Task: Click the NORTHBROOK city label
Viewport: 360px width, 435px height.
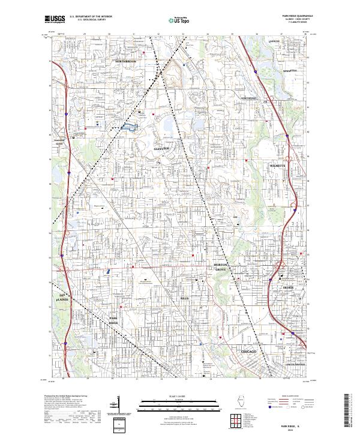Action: click(x=127, y=62)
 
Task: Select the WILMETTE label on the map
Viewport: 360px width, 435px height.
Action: click(x=280, y=163)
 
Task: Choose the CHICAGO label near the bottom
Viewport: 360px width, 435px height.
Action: click(x=248, y=350)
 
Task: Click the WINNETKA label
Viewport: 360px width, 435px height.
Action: click(x=281, y=70)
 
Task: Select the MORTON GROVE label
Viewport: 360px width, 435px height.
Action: click(x=223, y=267)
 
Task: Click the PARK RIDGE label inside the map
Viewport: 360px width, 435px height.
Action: click(x=113, y=320)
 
